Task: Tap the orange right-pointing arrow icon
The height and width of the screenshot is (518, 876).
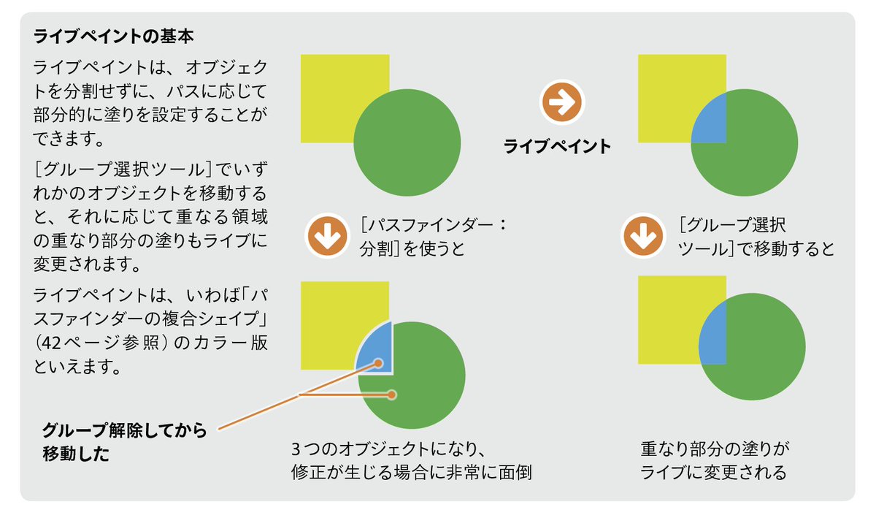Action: (561, 103)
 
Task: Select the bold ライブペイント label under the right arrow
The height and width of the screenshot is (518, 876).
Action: (557, 147)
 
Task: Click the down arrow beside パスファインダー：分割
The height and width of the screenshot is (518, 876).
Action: (327, 236)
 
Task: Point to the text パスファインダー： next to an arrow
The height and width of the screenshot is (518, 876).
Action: (434, 224)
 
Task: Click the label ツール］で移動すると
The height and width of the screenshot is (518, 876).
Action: (756, 248)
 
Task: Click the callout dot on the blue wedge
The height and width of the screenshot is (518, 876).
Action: (379, 362)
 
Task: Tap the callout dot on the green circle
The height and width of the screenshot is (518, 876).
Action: (393, 395)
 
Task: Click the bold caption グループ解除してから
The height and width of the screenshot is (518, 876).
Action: (124, 430)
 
